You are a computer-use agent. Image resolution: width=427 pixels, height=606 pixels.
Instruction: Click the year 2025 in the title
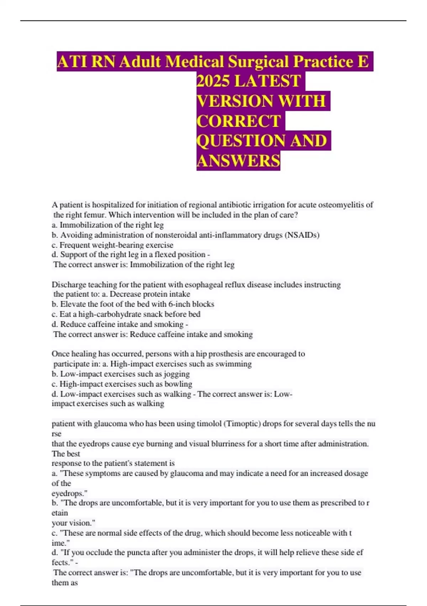point(213,81)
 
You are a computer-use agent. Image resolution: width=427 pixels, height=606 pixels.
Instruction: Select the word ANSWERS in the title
point(238,160)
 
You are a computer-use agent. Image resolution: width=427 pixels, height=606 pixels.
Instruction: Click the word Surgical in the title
point(258,61)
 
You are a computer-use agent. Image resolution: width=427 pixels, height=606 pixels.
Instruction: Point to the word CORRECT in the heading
point(239,121)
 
